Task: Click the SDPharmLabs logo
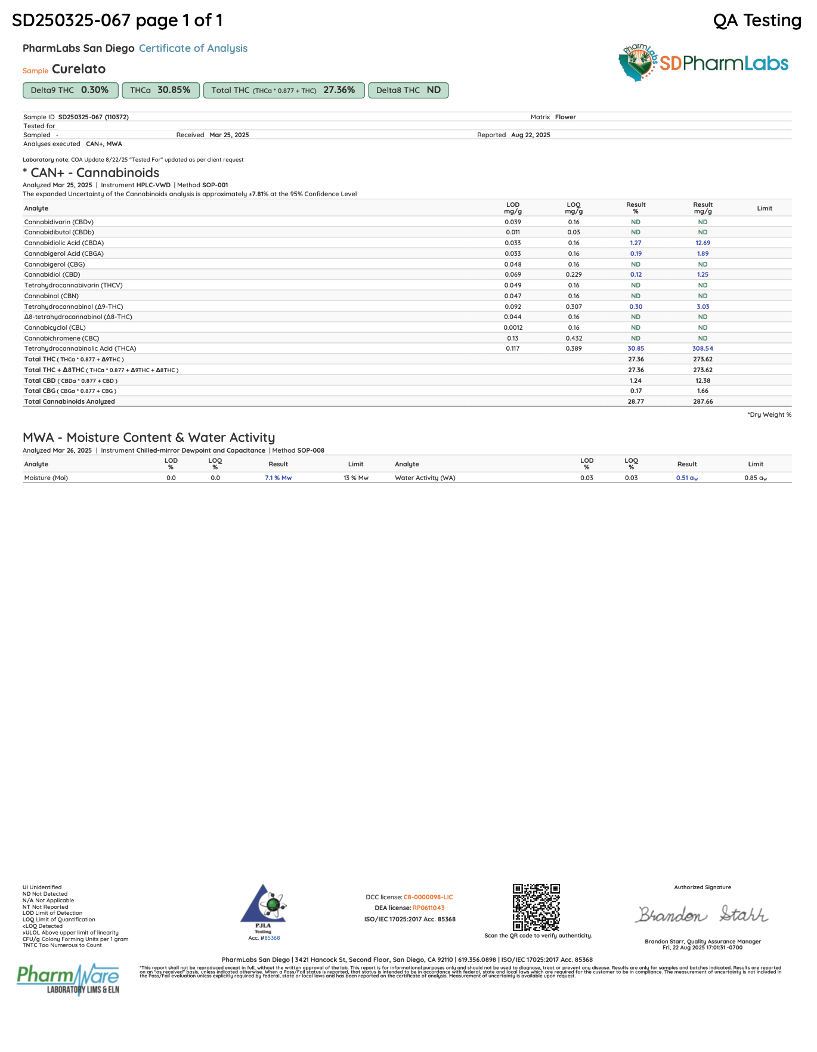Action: click(x=704, y=63)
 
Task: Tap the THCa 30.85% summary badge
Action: click(x=160, y=90)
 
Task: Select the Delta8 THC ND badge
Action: click(x=408, y=90)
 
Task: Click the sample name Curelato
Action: click(x=79, y=69)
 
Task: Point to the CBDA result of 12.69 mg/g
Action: click(x=703, y=243)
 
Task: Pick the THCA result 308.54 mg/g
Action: click(x=703, y=348)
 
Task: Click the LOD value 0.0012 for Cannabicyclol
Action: click(x=513, y=327)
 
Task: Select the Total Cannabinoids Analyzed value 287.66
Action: click(x=703, y=401)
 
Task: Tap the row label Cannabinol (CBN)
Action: click(x=51, y=296)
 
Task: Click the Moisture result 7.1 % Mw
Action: click(x=278, y=478)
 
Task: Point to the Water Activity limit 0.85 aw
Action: click(x=755, y=478)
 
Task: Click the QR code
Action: click(x=536, y=907)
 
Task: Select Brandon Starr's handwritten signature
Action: click(x=702, y=914)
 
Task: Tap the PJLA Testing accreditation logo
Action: click(x=263, y=908)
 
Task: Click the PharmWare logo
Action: click(x=68, y=979)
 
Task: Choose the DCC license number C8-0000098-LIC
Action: click(x=428, y=897)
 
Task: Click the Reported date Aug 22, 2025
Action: click(x=530, y=135)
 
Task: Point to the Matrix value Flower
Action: click(x=565, y=117)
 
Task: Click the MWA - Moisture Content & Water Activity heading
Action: click(x=148, y=437)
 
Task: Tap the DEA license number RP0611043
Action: click(x=428, y=908)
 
